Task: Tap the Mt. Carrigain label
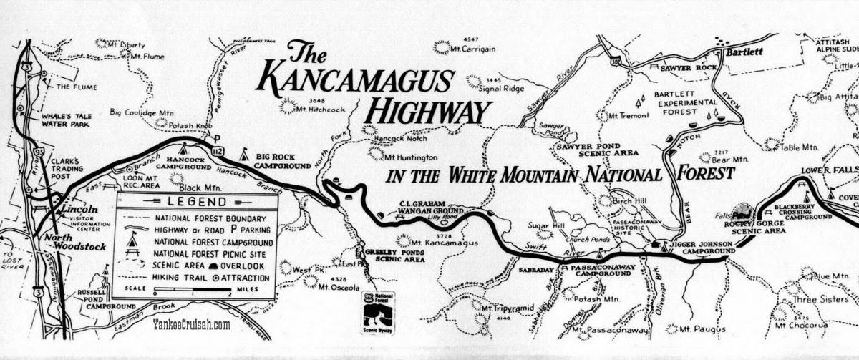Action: pos(473,49)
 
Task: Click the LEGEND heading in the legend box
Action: pos(196,201)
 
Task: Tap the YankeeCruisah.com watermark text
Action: pos(191,325)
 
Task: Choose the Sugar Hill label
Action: pos(542,226)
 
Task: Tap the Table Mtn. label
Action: pos(799,147)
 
